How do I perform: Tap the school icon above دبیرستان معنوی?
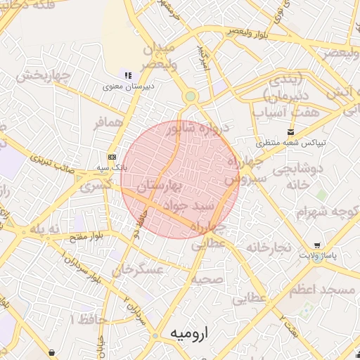[x=127, y=75]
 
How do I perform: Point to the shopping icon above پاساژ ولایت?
[x=318, y=245]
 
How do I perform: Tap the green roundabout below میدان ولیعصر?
[x=190, y=97]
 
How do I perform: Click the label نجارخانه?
[x=268, y=247]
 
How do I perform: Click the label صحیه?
[x=207, y=278]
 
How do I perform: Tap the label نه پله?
[x=44, y=230]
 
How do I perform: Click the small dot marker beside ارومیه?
[x=155, y=337]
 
